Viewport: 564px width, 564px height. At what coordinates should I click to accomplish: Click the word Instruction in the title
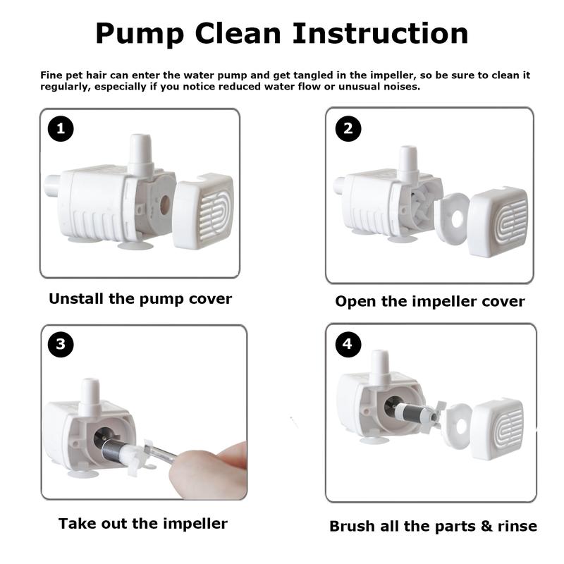[381, 33]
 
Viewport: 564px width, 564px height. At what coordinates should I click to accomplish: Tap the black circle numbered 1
[61, 128]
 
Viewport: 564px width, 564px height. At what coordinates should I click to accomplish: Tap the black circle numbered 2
[348, 128]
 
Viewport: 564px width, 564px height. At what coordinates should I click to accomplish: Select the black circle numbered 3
[61, 344]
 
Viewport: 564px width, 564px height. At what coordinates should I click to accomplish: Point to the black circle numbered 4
[348, 344]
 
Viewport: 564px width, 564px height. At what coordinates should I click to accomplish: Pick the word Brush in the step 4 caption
[353, 526]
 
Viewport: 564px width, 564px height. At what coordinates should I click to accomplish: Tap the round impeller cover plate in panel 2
[452, 219]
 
